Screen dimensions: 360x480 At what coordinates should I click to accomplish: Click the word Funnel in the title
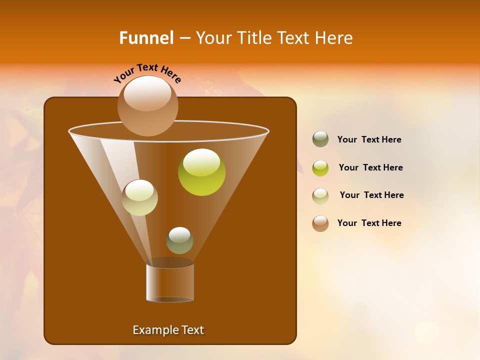[x=146, y=38]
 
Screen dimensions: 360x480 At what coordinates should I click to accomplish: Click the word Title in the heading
[x=253, y=38]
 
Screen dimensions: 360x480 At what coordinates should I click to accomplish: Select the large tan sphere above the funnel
[x=147, y=106]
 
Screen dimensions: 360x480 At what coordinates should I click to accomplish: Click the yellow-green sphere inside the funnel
[x=201, y=172]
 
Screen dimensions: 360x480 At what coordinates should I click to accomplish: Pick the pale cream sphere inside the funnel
[x=139, y=197]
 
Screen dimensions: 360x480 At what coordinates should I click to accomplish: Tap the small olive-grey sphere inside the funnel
[x=179, y=240]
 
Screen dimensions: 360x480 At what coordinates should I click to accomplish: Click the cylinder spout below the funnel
[x=170, y=283]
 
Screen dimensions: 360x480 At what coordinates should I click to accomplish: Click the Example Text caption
[x=168, y=330]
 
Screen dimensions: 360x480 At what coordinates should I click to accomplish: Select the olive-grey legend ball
[x=320, y=139]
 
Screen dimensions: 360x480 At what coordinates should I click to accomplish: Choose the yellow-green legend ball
[x=320, y=167]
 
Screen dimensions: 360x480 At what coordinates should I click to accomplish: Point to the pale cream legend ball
[x=320, y=195]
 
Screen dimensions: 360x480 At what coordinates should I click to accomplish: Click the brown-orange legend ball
[x=320, y=223]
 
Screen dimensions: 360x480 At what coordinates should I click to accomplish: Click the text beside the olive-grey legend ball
[x=369, y=139]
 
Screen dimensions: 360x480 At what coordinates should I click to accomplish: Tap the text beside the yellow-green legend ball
[x=370, y=167]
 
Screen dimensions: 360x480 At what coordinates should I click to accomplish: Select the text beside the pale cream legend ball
[x=371, y=195]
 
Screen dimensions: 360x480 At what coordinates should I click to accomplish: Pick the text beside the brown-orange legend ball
[x=369, y=223]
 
